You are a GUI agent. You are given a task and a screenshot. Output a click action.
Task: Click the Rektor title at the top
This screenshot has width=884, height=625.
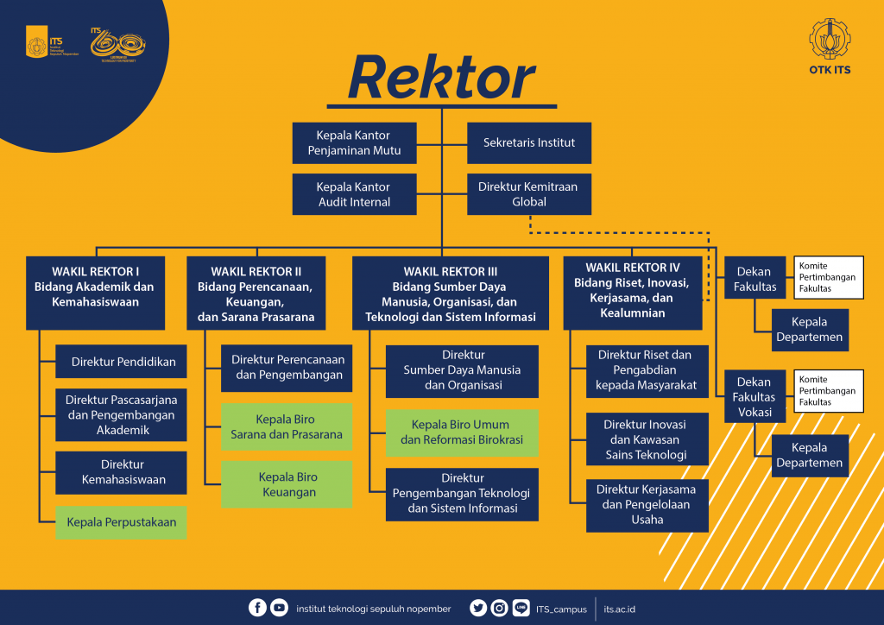(441, 79)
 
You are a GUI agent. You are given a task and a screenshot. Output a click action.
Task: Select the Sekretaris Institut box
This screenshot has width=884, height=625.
(529, 143)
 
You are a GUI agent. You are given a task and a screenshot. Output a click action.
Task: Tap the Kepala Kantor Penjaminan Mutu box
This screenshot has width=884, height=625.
(354, 143)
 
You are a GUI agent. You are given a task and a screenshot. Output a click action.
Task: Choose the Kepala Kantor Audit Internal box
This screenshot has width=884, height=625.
(354, 194)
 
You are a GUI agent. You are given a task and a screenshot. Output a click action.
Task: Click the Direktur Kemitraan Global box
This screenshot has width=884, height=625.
(529, 194)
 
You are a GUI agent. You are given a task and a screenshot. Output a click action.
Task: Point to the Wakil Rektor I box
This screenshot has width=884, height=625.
(95, 292)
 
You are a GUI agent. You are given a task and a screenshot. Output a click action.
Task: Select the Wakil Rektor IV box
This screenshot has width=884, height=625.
(632, 292)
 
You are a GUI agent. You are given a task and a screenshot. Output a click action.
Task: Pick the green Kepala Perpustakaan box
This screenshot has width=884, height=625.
(121, 522)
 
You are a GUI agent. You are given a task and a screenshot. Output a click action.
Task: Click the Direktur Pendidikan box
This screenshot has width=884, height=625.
(121, 363)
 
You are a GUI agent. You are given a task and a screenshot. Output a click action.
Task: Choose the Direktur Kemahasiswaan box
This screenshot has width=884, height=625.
(121, 471)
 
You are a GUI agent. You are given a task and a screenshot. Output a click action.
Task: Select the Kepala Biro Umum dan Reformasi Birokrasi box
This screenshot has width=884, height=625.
(462, 432)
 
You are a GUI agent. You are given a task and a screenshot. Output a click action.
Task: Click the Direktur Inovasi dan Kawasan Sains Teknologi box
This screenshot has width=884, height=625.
(647, 439)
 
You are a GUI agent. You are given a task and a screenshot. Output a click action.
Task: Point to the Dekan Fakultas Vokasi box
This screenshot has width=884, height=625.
(755, 396)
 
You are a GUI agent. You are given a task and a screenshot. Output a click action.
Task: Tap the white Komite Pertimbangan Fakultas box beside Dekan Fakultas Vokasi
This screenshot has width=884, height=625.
(829, 391)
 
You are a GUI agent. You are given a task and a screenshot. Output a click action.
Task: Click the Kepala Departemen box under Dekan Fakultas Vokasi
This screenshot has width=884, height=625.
(808, 455)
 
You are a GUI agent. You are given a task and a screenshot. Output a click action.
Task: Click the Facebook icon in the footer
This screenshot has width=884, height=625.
(257, 608)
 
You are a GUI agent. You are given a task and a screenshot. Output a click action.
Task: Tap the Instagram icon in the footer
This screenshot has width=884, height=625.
(499, 608)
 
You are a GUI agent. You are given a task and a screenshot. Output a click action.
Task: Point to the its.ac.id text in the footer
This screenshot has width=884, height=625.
(620, 609)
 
